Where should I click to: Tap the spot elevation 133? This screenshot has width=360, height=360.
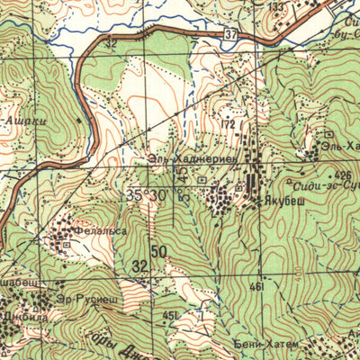click(277, 7)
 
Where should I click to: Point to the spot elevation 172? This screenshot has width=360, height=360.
click(229, 122)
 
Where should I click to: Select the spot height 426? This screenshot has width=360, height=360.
click(341, 174)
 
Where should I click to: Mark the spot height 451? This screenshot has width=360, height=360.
click(170, 315)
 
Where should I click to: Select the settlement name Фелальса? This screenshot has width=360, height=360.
click(99, 230)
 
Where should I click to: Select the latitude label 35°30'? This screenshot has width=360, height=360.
click(148, 194)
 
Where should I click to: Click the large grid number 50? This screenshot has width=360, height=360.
click(159, 251)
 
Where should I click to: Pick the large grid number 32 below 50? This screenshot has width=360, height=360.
click(139, 266)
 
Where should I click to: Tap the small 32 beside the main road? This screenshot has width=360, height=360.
click(111, 42)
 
